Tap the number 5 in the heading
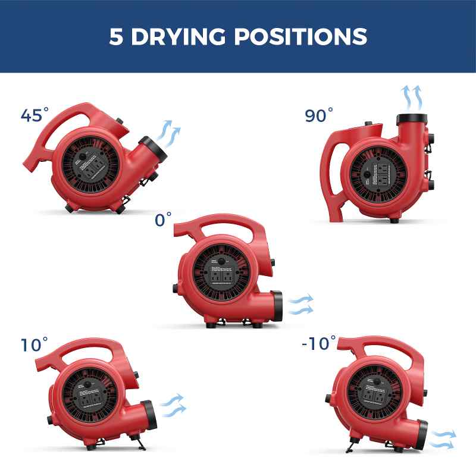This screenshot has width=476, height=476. tap(116, 36)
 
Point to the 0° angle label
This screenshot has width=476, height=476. tap(162, 220)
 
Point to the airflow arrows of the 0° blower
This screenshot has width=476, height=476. tap(301, 304)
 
